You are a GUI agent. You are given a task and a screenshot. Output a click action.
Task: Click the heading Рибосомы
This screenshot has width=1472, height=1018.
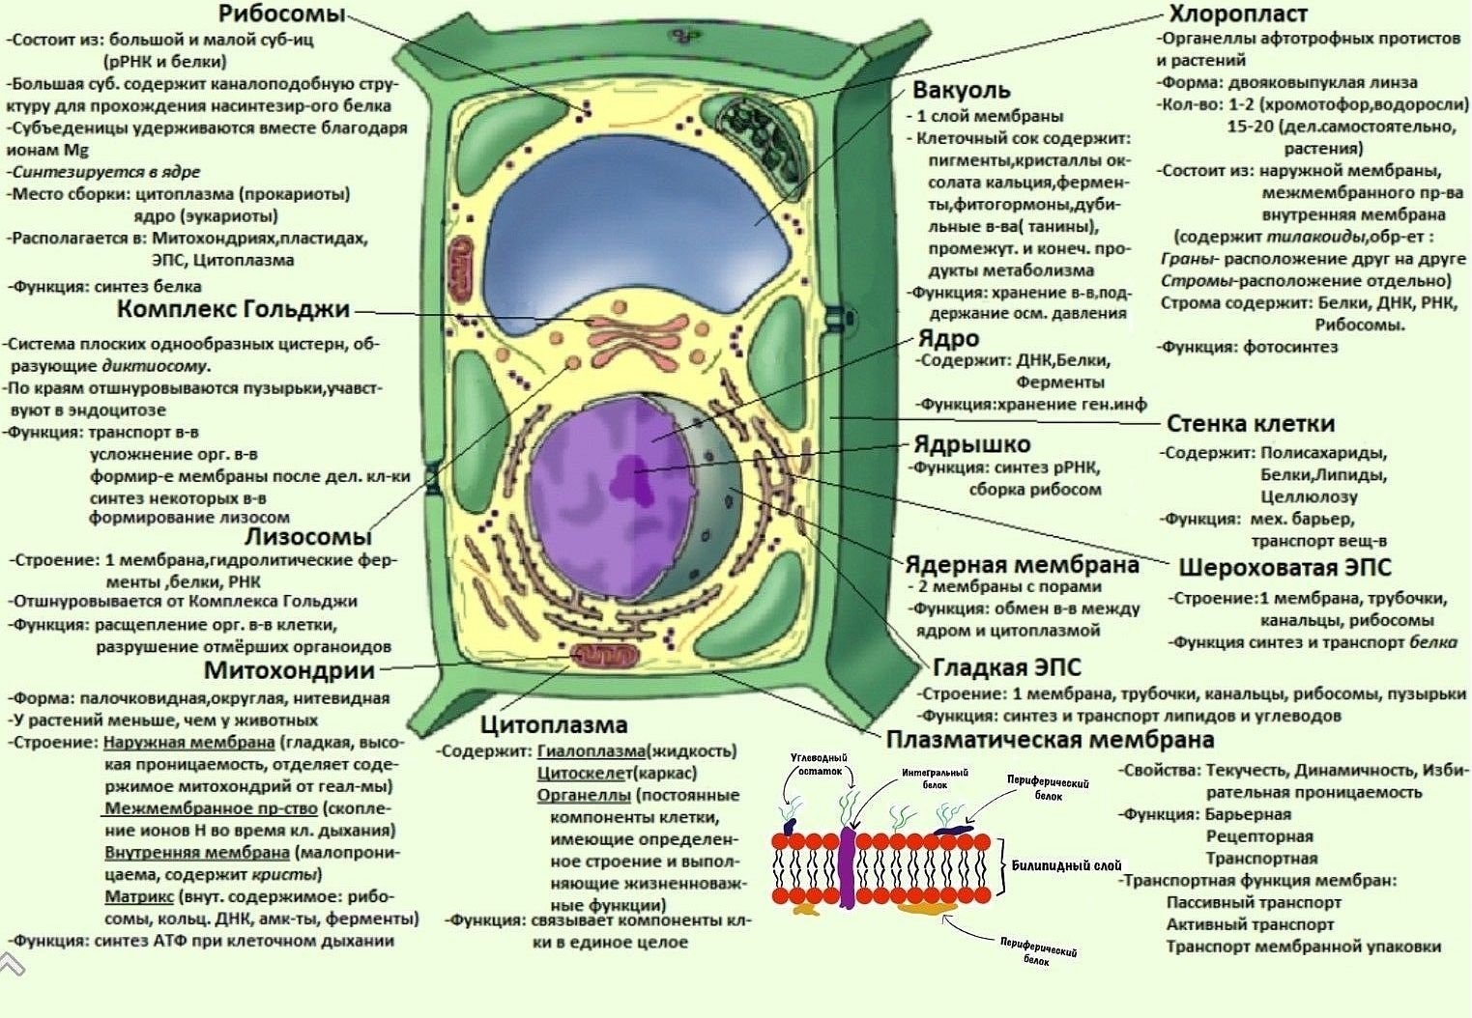pyautogui.click(x=281, y=14)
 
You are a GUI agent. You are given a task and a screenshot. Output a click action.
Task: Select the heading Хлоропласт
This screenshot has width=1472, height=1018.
pyautogui.click(x=1237, y=14)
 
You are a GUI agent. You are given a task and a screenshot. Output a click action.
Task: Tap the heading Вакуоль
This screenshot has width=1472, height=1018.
pyautogui.click(x=961, y=91)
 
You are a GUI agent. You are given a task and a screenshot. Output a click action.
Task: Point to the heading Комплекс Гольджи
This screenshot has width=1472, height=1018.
pyautogui.click(x=233, y=309)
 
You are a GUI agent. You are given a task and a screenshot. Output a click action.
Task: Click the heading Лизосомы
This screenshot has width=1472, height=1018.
pyautogui.click(x=307, y=537)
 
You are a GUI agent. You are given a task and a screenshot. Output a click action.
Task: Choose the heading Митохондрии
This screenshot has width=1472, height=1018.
pyautogui.click(x=289, y=670)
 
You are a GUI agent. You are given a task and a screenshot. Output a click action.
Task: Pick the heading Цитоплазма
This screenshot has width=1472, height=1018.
pyautogui.click(x=554, y=724)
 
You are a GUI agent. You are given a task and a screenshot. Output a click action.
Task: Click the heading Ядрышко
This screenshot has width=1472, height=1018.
pyautogui.click(x=972, y=444)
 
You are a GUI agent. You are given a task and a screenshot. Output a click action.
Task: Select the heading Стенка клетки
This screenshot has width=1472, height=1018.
pyautogui.click(x=1251, y=423)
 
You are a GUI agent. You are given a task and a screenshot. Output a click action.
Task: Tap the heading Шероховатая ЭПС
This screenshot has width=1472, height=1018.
pyautogui.click(x=1284, y=567)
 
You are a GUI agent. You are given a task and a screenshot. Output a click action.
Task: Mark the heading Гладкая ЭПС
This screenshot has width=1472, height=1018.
pyautogui.click(x=1007, y=667)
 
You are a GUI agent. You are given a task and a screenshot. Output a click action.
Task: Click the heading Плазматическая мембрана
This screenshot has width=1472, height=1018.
pyautogui.click(x=1050, y=740)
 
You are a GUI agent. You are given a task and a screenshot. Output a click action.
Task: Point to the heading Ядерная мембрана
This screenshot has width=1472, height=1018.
pyautogui.click(x=1023, y=564)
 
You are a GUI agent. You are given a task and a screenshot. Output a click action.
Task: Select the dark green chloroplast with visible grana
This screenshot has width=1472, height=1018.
pyautogui.click(x=760, y=137)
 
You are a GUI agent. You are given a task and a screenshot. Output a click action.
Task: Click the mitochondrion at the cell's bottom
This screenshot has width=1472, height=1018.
pyautogui.click(x=603, y=657)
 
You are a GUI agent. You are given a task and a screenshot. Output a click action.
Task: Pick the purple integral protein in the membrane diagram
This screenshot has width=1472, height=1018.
pyautogui.click(x=848, y=864)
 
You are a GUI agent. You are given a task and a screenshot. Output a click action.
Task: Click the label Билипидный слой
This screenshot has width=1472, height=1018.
pyautogui.click(x=1066, y=865)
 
